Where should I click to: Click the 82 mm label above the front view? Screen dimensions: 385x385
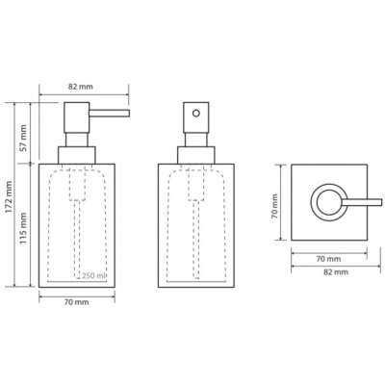pos(81,87)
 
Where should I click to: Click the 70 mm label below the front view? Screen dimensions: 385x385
pos(77,302)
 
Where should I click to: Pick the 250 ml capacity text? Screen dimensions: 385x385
pos(94,275)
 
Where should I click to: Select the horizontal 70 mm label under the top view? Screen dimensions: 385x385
pos(329,259)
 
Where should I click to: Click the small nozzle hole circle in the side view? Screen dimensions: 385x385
pos(196,114)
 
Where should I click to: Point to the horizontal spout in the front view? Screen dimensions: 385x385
pos(109,114)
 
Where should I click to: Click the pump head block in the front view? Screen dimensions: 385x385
pos(77,117)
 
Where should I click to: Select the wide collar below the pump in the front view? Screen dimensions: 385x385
pos(77,155)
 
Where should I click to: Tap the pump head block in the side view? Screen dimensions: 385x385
pos(196,117)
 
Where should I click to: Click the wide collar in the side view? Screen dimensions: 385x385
pos(196,155)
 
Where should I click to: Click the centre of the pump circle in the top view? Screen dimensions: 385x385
pos(329,202)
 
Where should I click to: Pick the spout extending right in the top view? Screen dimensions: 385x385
pos(362,202)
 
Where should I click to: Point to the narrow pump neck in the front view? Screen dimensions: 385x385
pos(77,140)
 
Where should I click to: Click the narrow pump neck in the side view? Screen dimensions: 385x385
pos(196,140)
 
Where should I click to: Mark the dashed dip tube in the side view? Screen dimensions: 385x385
pos(196,239)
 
